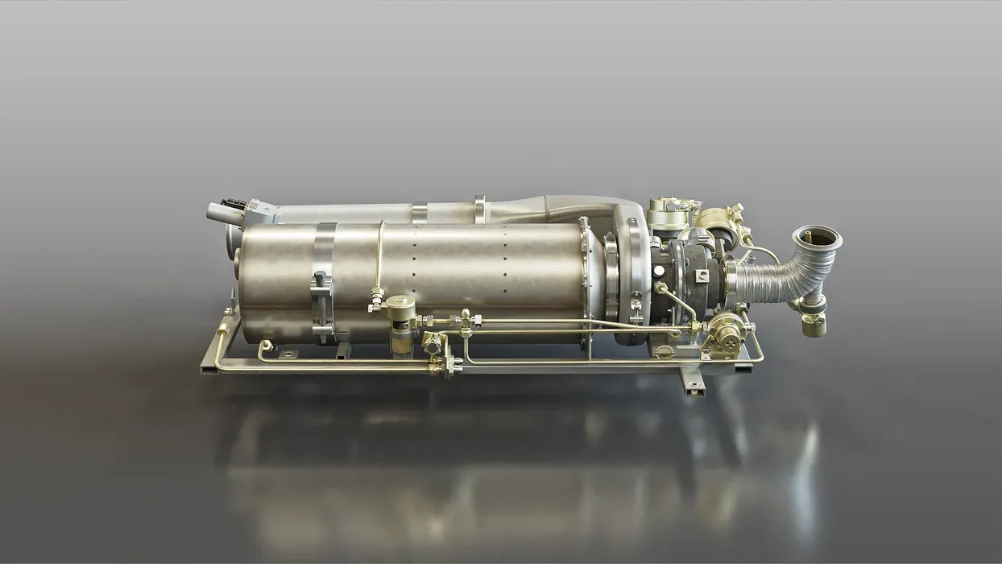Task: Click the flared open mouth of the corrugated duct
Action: pos(817,238)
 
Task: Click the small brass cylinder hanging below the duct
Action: pos(814,323)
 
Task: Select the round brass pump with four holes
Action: pos(724,331)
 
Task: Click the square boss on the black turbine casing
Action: pos(703,275)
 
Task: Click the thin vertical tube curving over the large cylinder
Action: pos(379,258)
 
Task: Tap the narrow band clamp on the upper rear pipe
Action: pos(418,212)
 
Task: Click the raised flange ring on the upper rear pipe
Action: pos(480,209)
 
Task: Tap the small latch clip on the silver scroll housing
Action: pos(636,302)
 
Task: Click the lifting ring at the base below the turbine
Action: pos(663,352)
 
